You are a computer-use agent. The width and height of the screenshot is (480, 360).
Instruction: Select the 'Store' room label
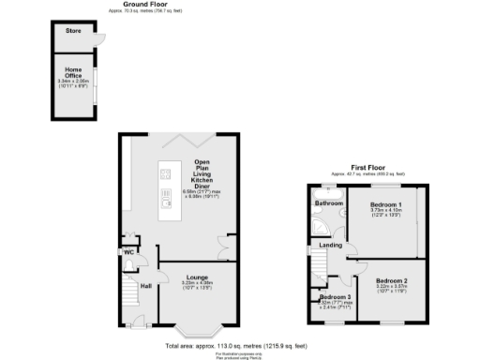pyautogui.click(x=72, y=32)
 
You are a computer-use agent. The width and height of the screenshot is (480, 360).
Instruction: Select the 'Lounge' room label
pyautogui.click(x=197, y=277)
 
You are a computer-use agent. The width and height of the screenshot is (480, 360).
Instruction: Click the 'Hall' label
pyautogui.click(x=146, y=286)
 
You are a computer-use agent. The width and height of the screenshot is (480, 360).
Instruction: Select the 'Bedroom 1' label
pyautogui.click(x=385, y=204)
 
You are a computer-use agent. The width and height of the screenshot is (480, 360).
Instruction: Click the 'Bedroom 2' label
pyautogui.click(x=393, y=280)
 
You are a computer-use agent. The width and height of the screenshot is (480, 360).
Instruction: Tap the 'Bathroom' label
pyautogui.click(x=328, y=203)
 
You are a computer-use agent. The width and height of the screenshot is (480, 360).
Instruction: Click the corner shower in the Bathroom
pyautogui.click(x=321, y=226)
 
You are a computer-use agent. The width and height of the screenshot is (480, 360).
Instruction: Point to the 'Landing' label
pyautogui.click(x=331, y=246)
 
